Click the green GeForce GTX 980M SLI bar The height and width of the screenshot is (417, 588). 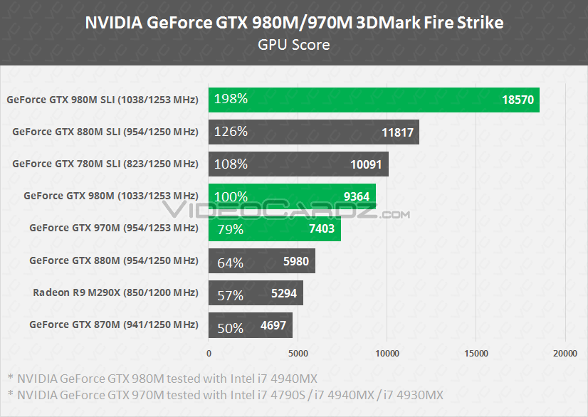pyautogui.click(x=374, y=100)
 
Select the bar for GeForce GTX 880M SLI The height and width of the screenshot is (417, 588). pyautogui.click(x=313, y=132)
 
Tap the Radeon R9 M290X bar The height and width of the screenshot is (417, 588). pyautogui.click(x=256, y=293)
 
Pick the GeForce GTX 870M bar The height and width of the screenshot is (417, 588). pyautogui.click(x=250, y=326)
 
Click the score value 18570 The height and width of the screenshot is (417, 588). pyautogui.click(x=518, y=100)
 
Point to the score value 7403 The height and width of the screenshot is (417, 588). pyautogui.click(x=321, y=229)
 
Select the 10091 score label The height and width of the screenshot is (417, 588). pyautogui.click(x=366, y=165)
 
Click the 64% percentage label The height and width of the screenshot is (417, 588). pyautogui.click(x=230, y=263)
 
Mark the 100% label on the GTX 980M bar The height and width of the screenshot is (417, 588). pyautogui.click(x=231, y=196)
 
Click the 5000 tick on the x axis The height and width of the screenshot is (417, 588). pyautogui.click(x=298, y=353)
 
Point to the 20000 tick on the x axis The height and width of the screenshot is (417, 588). pyautogui.click(x=565, y=353)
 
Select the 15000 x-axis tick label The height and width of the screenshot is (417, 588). pyautogui.click(x=476, y=353)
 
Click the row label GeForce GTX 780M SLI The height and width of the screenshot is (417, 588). pyautogui.click(x=105, y=164)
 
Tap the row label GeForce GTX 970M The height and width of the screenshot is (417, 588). pyautogui.click(x=113, y=228)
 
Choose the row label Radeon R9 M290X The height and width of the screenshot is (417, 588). pyautogui.click(x=115, y=292)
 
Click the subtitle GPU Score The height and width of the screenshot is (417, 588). pyautogui.click(x=294, y=45)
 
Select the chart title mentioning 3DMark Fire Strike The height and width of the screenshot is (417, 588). pyautogui.click(x=294, y=22)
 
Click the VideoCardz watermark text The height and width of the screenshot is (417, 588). pyautogui.click(x=285, y=212)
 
